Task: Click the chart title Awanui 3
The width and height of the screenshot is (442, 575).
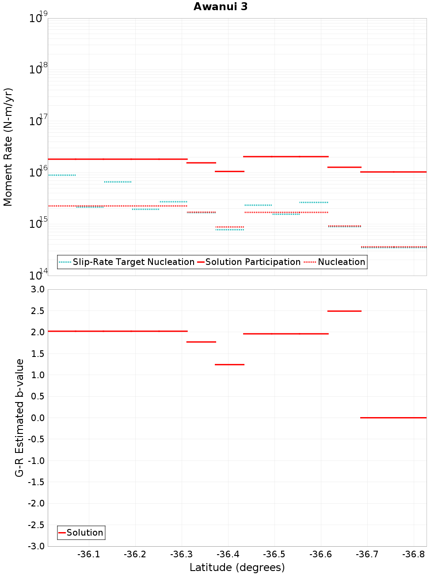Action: pos(221,7)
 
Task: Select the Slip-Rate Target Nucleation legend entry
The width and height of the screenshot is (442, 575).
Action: pos(133,262)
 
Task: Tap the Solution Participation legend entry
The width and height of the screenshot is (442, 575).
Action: pos(253,262)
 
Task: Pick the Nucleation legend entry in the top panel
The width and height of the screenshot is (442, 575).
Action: pos(341,262)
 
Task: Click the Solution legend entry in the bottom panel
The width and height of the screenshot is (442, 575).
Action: pos(84,533)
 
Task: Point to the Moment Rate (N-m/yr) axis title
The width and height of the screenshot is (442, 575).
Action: pos(8,147)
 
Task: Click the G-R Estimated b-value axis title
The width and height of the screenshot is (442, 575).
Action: pos(19,418)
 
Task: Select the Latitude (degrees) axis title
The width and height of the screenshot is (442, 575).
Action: pos(237,567)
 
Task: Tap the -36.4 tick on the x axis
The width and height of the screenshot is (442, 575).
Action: pos(228,554)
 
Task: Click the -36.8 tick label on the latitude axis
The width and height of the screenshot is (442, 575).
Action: pos(413,554)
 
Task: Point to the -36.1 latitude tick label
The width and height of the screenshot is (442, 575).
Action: pos(89,554)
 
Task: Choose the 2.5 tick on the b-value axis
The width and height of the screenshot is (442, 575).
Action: pos(37,311)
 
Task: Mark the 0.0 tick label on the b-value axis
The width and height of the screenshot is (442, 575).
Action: pos(37,418)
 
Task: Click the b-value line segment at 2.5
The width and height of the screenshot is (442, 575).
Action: pos(344,311)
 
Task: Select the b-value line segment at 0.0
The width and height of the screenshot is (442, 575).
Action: pos(393,418)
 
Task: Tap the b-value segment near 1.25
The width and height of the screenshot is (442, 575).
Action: pos(229,364)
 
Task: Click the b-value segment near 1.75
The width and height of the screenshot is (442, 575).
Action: pos(201,342)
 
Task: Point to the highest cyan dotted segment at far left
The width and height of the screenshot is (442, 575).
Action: pos(62,175)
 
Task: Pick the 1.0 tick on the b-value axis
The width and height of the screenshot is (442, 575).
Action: pos(37,375)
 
